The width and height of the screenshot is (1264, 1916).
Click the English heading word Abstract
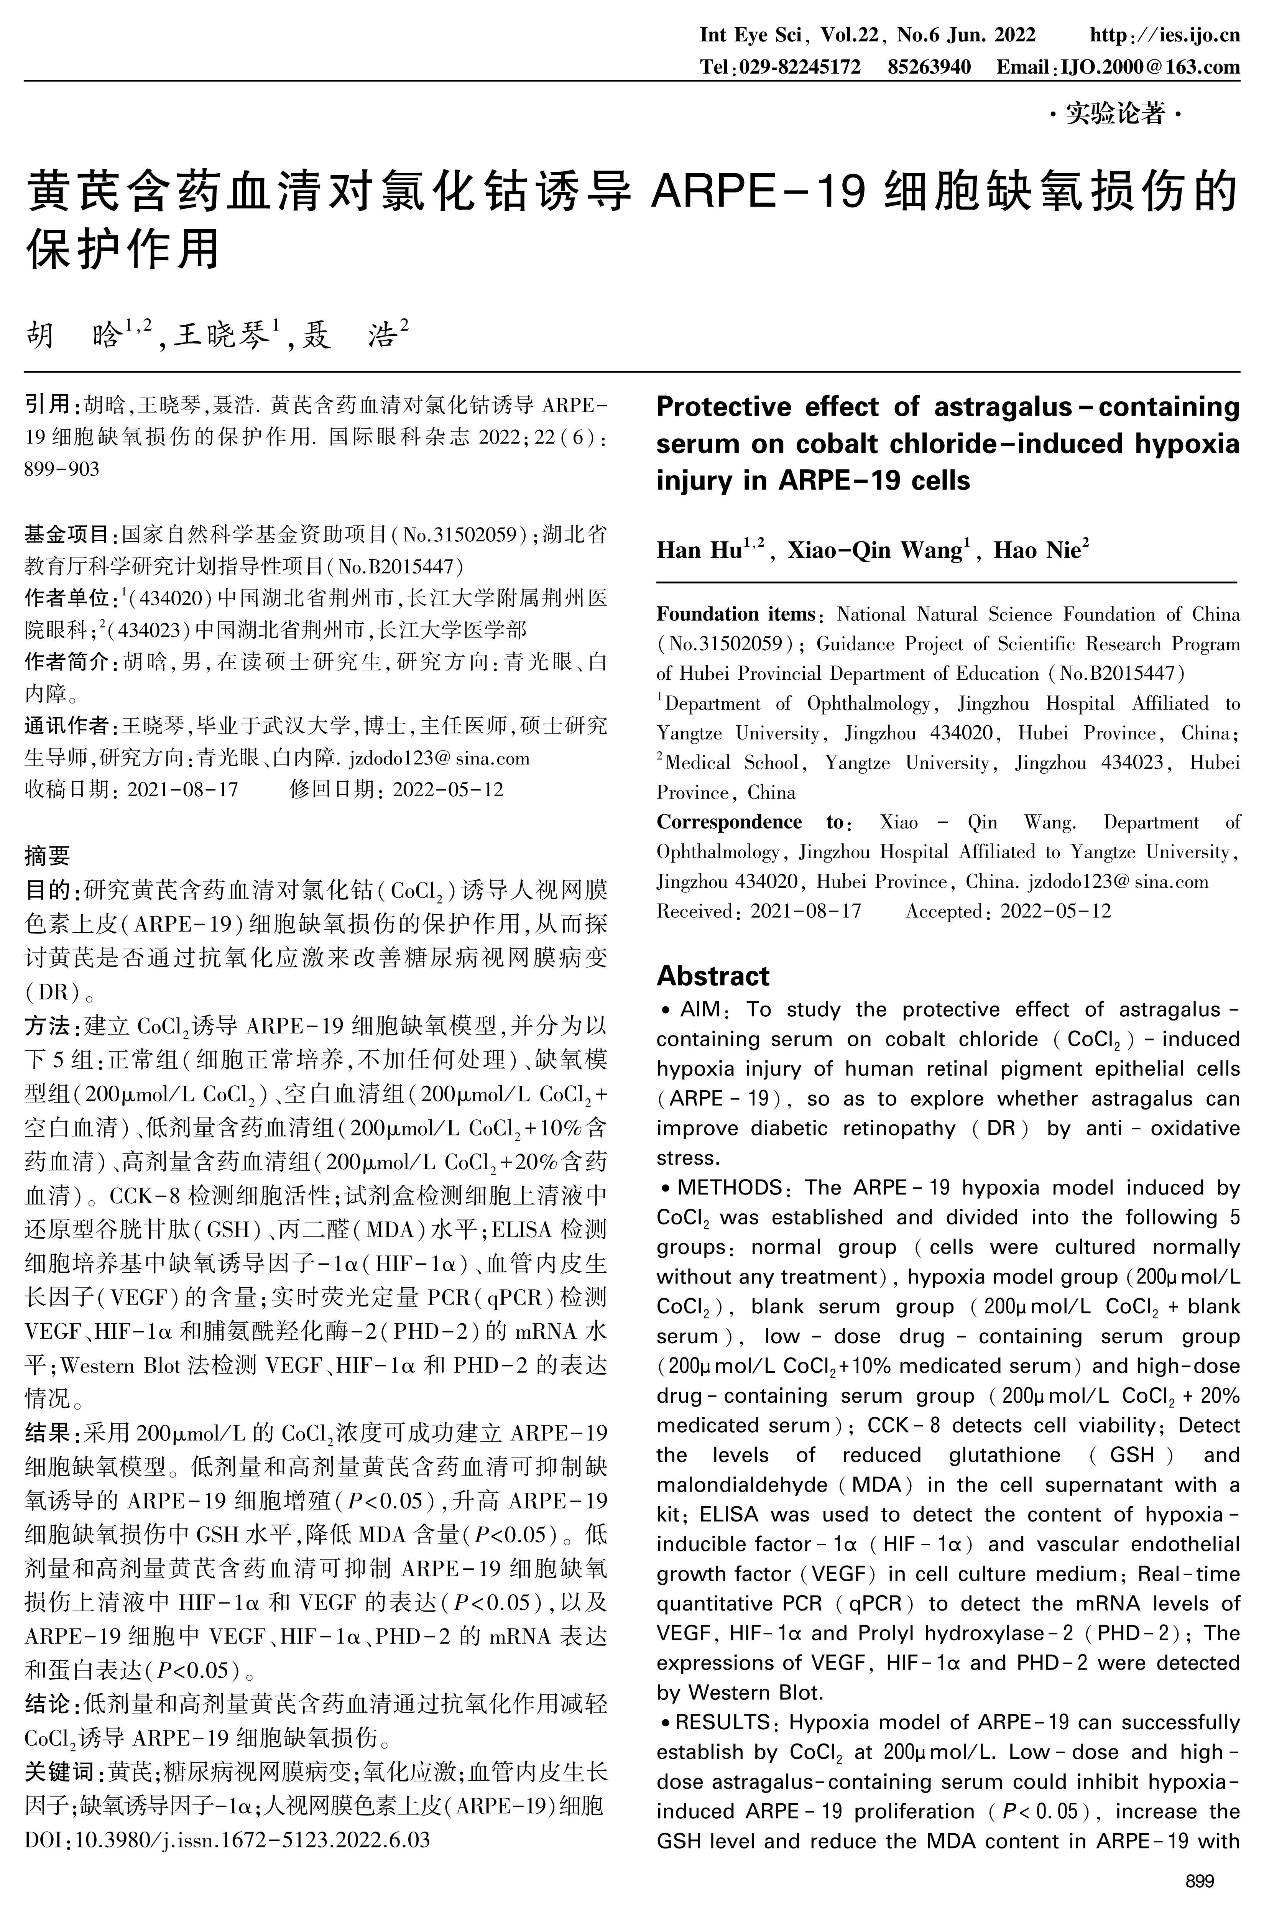click(x=713, y=976)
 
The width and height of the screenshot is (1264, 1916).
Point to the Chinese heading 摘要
click(x=48, y=854)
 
